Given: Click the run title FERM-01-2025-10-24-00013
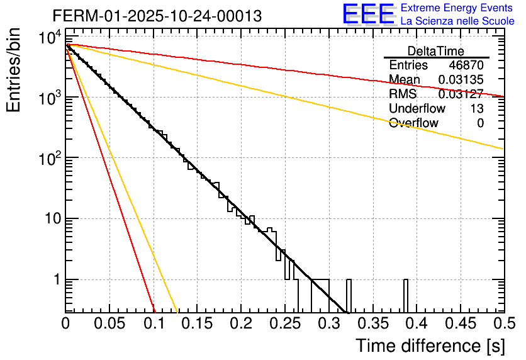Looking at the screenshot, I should (157, 16).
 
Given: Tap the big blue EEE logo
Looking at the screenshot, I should (368, 14).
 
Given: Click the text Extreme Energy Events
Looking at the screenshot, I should (457, 9).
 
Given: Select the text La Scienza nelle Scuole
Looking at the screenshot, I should (457, 21).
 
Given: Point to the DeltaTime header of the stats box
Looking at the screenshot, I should (435, 51).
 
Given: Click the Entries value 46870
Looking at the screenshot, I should (466, 65).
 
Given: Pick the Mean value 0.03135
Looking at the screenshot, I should (461, 80).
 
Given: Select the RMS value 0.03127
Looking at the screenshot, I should (461, 94).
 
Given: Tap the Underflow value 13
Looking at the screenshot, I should (477, 109).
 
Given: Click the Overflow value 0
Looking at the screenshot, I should (480, 123).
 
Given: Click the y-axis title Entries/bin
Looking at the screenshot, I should (15, 70).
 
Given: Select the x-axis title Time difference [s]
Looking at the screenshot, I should (429, 346).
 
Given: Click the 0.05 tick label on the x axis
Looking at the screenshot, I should (109, 323).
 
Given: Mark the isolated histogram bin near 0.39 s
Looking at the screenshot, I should (406, 295).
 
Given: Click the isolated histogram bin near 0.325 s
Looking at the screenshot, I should (349, 295).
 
